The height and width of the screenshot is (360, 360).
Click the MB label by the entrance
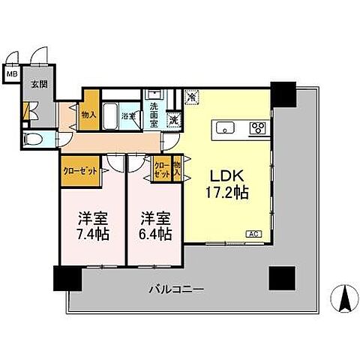[x=13, y=74]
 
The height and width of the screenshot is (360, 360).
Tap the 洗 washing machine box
[x=174, y=118]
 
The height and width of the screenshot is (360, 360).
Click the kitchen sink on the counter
[x=226, y=127]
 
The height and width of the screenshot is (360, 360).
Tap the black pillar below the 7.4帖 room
[x=66, y=278]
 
